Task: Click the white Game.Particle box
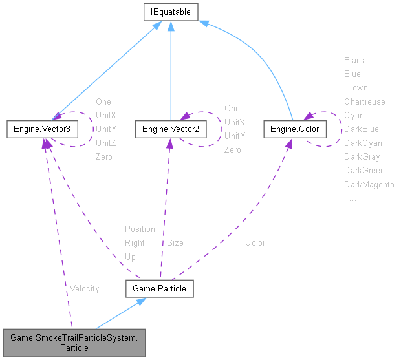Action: [159, 288]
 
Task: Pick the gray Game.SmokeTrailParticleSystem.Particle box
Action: [74, 341]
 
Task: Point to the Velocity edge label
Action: [84, 288]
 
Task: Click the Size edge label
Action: [175, 243]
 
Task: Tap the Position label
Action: [140, 229]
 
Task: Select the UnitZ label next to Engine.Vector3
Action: [106, 143]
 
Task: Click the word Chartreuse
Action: [364, 101]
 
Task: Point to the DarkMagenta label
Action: [369, 185]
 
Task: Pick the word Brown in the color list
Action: [356, 88]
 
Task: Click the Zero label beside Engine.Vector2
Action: [232, 150]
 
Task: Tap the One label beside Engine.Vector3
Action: [103, 101]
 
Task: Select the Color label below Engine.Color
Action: [255, 243]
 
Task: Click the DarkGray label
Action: [362, 157]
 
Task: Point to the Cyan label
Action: [354, 115]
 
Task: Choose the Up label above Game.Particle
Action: [130, 257]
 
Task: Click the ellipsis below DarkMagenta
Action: [352, 200]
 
